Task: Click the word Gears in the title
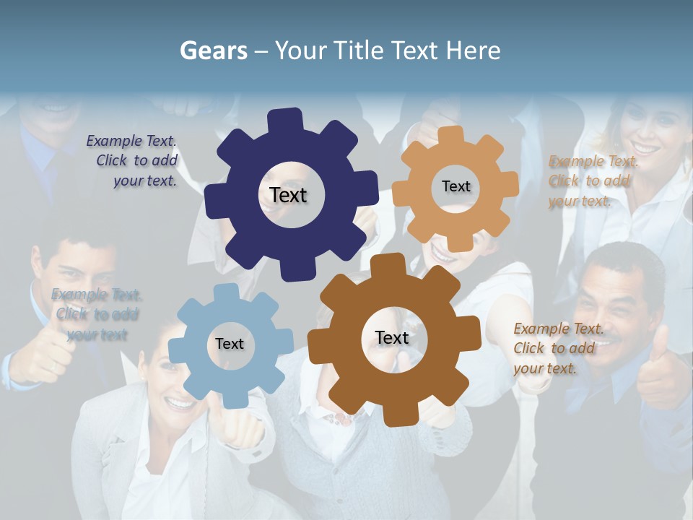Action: [213, 51]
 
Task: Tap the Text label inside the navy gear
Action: [288, 195]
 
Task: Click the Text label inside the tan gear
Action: [456, 186]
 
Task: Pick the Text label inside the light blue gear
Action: [229, 344]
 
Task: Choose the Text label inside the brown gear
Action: [392, 338]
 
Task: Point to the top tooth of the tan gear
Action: [451, 135]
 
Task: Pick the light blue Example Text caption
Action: [97, 314]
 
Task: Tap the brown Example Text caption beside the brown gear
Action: [556, 348]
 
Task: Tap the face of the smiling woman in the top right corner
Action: [646, 130]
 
